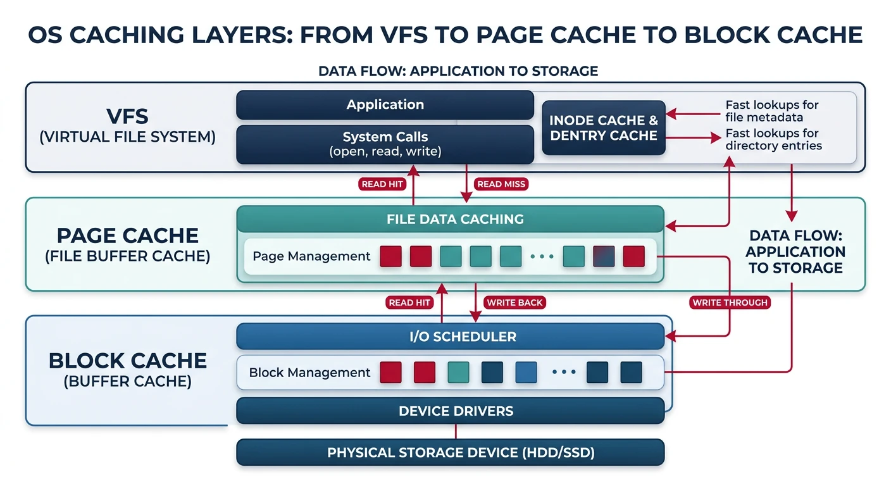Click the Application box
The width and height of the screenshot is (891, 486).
[x=385, y=105]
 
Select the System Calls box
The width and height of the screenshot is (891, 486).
[x=385, y=144]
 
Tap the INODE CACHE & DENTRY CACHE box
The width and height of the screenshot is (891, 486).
[x=604, y=128]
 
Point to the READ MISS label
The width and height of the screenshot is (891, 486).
[x=501, y=184]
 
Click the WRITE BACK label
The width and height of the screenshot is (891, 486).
[x=514, y=302]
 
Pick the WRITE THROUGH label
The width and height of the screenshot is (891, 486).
[x=730, y=302]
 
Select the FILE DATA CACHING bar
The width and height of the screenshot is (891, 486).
[x=454, y=220]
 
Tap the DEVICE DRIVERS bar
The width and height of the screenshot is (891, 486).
[x=456, y=411]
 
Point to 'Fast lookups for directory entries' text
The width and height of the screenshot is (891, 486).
[x=773, y=139]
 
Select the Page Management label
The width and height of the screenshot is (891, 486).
[x=311, y=256]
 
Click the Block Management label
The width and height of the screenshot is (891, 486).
[x=309, y=373]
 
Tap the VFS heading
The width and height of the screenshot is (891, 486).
[x=128, y=116]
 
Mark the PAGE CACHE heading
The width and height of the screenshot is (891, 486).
[x=128, y=235]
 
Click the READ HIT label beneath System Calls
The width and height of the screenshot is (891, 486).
[x=382, y=184]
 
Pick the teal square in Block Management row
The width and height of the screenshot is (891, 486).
[x=458, y=373]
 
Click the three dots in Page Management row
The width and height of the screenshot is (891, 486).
[x=542, y=257]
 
